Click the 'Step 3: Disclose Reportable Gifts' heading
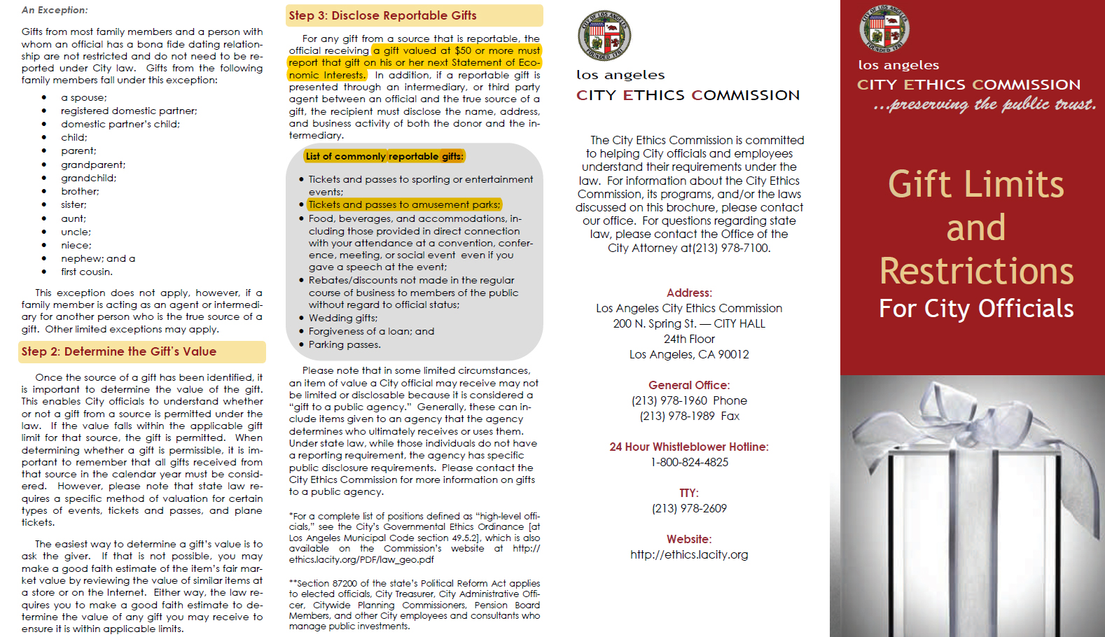[x=382, y=15]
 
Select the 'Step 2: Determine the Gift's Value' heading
[x=118, y=351]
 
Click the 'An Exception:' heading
[x=55, y=10]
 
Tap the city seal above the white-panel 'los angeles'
[x=604, y=36]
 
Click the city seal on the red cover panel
[x=884, y=29]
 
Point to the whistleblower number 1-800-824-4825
[x=689, y=462]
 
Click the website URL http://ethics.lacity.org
[x=689, y=554]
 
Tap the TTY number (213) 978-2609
[x=689, y=508]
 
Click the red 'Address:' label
[x=689, y=293]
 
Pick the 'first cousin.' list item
[x=86, y=272]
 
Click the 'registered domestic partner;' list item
[x=129, y=111]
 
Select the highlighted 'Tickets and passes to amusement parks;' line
[x=404, y=204]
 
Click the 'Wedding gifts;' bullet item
[x=342, y=318]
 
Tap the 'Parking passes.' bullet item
[x=345, y=344]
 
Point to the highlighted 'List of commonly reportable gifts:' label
[x=384, y=156]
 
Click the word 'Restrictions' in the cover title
[x=976, y=272]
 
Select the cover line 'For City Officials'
[x=976, y=309]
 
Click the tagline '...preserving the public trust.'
[x=984, y=105]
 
